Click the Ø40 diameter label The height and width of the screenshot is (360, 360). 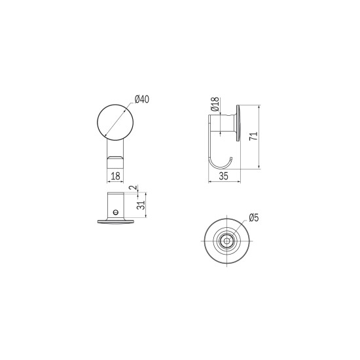pyautogui.click(x=142, y=99)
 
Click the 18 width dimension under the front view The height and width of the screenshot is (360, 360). pyautogui.click(x=115, y=176)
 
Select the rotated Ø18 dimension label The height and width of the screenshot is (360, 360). pyautogui.click(x=215, y=104)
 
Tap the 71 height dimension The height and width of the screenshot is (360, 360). pyautogui.click(x=254, y=136)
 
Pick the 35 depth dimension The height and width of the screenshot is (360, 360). pyautogui.click(x=224, y=176)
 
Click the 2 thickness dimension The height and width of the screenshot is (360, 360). pyautogui.click(x=133, y=188)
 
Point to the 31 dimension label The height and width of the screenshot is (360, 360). pyautogui.click(x=141, y=205)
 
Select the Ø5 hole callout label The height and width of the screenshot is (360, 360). pyautogui.click(x=254, y=217)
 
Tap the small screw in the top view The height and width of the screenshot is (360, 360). pyautogui.click(x=116, y=211)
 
